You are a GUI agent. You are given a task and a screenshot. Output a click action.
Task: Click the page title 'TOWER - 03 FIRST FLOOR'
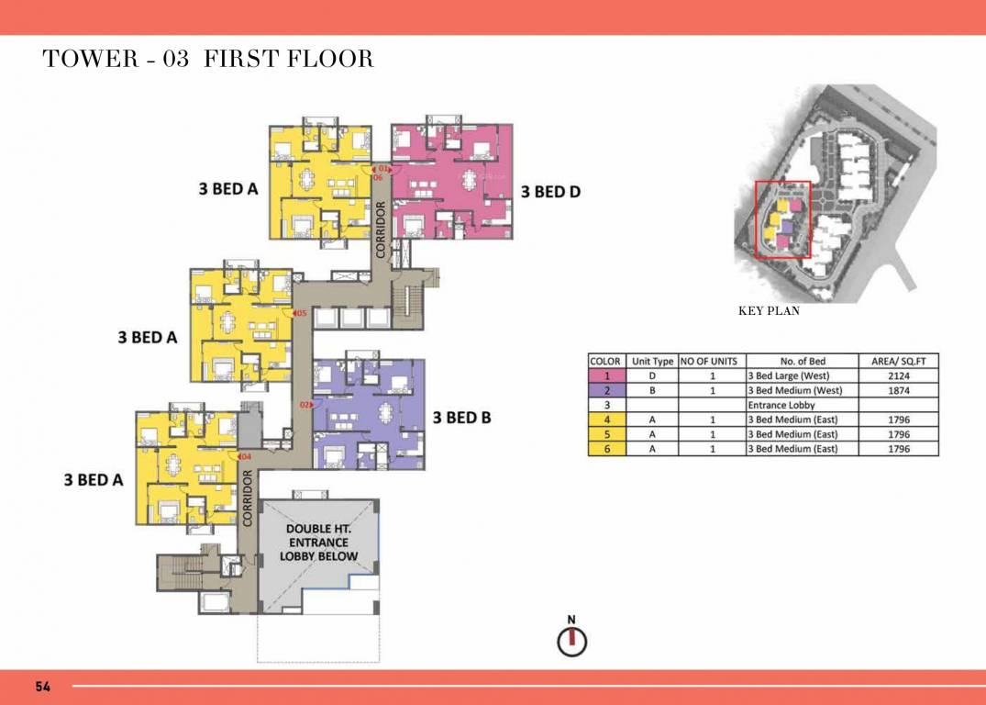tap(208, 60)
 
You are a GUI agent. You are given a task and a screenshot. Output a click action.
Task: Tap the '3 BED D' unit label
tap(550, 192)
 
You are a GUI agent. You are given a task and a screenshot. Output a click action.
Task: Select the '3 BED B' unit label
tap(461, 418)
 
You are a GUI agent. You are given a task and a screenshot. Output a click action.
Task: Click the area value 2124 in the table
tap(898, 375)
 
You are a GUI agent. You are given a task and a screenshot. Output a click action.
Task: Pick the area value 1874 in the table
tap(898, 390)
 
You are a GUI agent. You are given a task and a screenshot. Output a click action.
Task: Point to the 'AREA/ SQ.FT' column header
tap(898, 361)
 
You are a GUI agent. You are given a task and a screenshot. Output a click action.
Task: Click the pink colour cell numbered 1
tap(606, 375)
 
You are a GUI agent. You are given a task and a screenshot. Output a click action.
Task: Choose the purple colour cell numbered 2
tap(606, 390)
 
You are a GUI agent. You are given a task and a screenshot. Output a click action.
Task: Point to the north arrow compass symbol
tap(571, 639)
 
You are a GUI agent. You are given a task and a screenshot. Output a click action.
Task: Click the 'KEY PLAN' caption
tap(769, 311)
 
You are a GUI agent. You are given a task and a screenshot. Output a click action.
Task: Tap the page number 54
tap(43, 687)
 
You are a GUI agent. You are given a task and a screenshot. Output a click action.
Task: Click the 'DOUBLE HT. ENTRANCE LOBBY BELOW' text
tap(317, 543)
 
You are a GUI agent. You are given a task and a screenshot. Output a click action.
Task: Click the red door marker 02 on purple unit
tap(306, 404)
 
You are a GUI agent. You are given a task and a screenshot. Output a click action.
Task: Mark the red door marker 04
tap(244, 456)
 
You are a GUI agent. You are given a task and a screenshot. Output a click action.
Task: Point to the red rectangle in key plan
tap(782, 219)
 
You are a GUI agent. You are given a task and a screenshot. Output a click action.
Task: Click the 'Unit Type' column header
tap(652, 361)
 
